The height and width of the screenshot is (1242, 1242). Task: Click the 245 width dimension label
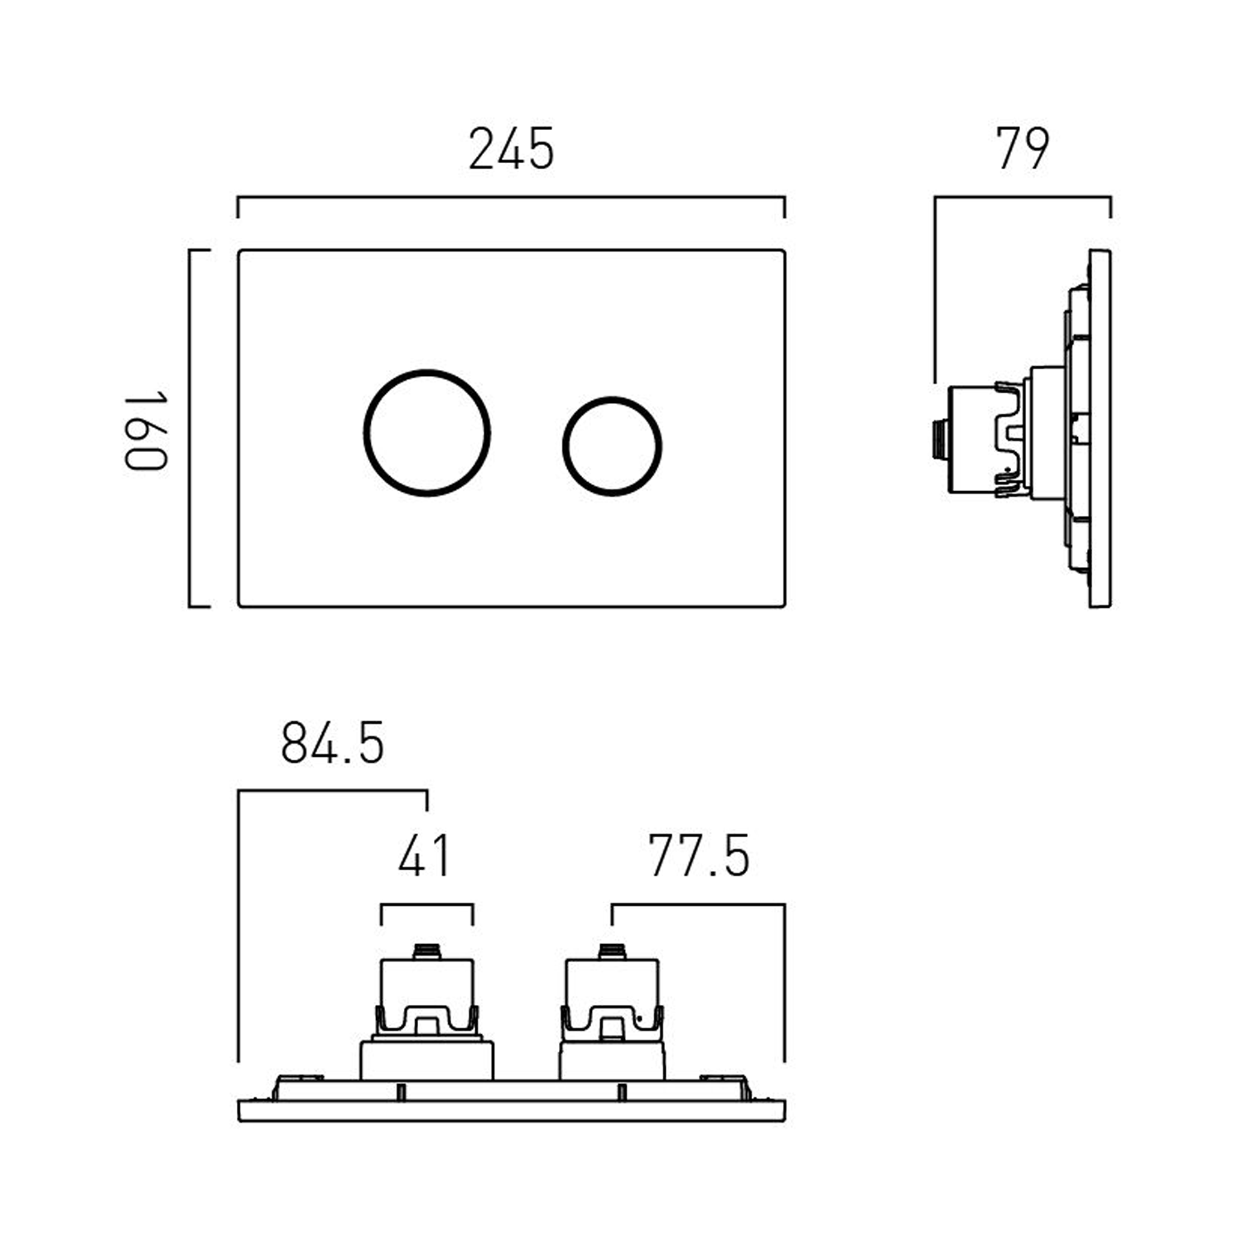511,150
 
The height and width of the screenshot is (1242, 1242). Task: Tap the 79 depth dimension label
1022,149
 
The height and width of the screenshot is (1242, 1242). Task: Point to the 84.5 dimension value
332,743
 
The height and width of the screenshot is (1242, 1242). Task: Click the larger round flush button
427,433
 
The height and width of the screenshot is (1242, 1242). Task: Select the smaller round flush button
612,446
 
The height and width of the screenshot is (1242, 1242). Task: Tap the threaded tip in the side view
937,438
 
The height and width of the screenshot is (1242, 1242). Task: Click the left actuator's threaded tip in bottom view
426,951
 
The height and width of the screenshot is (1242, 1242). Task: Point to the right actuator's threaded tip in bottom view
612,951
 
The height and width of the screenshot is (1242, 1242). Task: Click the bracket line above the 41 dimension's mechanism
426,905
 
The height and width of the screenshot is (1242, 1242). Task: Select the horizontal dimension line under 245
511,198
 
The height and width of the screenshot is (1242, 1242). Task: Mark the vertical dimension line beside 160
190,428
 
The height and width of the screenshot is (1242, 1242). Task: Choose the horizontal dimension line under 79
1023,198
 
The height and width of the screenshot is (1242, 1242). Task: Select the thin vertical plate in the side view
1100,428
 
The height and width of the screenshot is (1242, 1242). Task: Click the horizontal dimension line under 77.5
698,905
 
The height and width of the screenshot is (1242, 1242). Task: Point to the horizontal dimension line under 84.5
332,792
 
